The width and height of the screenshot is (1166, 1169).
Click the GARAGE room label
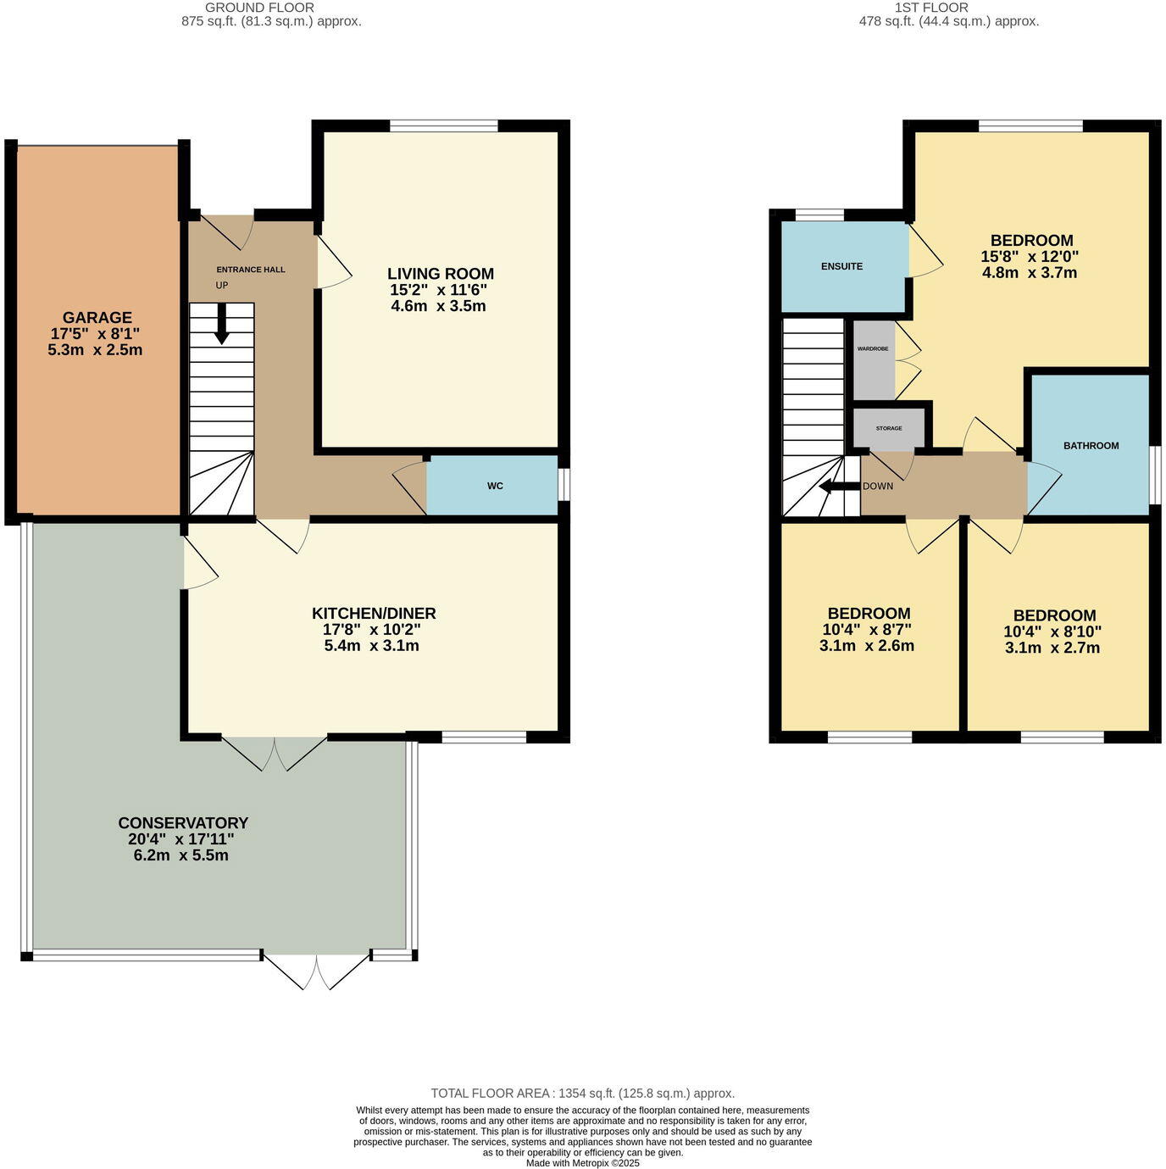[x=97, y=317]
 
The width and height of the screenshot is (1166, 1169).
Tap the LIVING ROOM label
[x=441, y=274]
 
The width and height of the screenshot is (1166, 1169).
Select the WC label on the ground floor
[x=495, y=486]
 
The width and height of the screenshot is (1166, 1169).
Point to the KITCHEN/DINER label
[x=374, y=613]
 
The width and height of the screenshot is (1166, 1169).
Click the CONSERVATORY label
[x=183, y=823]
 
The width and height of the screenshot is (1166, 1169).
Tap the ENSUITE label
[x=841, y=266]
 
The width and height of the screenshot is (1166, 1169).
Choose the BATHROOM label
[x=1091, y=446]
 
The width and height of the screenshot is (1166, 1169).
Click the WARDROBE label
[x=872, y=348]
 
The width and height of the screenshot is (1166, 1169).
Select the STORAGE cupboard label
[x=889, y=428]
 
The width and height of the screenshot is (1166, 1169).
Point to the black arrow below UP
[x=222, y=323]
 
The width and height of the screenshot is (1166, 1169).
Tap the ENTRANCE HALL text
[x=251, y=270]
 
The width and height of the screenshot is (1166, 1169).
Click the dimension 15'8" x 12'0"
[x=1030, y=257]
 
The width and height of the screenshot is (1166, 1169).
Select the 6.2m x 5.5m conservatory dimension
[x=180, y=856]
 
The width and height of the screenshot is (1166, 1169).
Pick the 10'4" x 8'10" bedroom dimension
[x=1052, y=632]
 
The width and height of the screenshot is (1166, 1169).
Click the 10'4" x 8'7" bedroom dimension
[x=866, y=629]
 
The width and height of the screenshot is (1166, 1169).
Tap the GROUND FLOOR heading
[x=259, y=8]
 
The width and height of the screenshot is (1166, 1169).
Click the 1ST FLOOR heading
[x=932, y=8]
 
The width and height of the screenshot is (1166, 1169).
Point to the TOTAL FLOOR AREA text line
[x=582, y=1094]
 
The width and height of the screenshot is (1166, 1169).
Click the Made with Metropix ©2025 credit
[x=582, y=1164]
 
